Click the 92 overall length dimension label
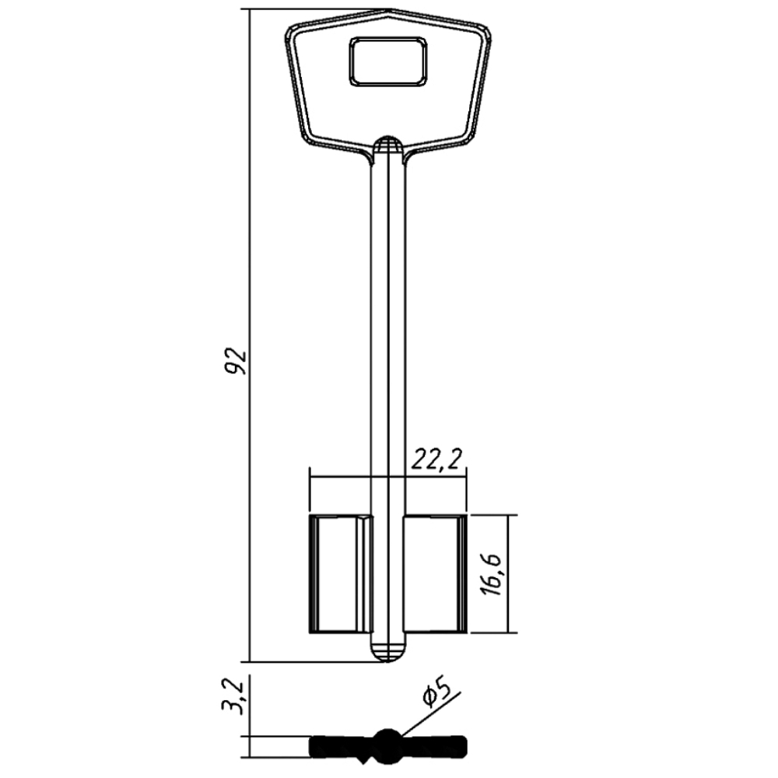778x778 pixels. [236, 362]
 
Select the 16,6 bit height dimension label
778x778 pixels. [492, 574]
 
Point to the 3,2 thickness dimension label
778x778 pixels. [233, 697]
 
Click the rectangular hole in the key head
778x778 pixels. [388, 61]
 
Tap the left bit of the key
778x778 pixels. [341, 573]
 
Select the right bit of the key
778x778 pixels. [435, 573]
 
